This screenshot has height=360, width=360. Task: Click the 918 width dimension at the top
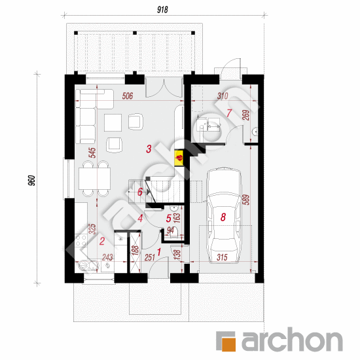(x=162, y=10)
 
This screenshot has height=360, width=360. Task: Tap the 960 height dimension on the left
(x=31, y=181)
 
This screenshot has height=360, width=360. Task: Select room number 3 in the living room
(x=149, y=149)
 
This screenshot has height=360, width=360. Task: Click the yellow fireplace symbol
(x=179, y=158)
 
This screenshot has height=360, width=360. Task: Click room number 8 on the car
(x=223, y=217)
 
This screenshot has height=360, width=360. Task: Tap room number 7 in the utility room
(x=229, y=113)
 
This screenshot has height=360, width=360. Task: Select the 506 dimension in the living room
(x=128, y=96)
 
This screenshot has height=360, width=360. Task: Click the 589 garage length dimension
(x=245, y=200)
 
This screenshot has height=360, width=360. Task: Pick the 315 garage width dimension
(x=222, y=257)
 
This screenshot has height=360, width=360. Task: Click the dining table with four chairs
(x=94, y=179)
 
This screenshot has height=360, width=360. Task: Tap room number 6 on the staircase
(x=140, y=192)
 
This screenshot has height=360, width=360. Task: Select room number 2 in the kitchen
(x=102, y=241)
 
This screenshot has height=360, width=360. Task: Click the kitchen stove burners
(x=81, y=240)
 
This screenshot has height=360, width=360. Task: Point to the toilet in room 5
(x=175, y=232)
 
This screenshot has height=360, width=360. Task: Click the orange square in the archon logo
(x=228, y=344)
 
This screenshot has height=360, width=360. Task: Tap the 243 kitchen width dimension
(x=107, y=257)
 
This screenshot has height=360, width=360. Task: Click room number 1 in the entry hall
(x=159, y=252)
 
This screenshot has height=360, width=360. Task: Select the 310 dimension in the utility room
(x=223, y=96)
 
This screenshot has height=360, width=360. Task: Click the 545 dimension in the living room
(x=93, y=153)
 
